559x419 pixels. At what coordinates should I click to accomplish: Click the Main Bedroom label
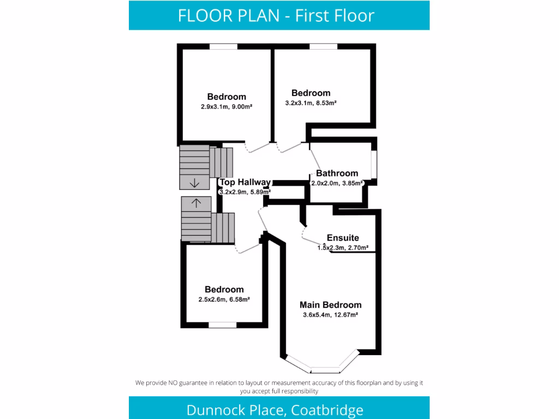330,305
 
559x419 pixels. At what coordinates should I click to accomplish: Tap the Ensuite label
342,238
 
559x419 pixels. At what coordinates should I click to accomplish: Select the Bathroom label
337,173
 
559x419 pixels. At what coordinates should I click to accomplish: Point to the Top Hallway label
245,183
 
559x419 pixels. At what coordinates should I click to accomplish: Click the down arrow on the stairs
194,183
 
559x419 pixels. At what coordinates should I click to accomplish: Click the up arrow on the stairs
196,202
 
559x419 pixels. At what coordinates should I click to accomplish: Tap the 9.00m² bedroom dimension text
226,107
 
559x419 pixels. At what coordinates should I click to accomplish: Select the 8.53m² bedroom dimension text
311,103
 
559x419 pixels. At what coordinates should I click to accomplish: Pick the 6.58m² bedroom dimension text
224,299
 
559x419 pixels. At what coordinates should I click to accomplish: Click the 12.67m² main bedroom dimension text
330,315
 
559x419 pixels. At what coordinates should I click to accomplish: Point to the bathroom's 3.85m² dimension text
337,184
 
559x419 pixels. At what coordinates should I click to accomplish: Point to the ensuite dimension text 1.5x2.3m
330,248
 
